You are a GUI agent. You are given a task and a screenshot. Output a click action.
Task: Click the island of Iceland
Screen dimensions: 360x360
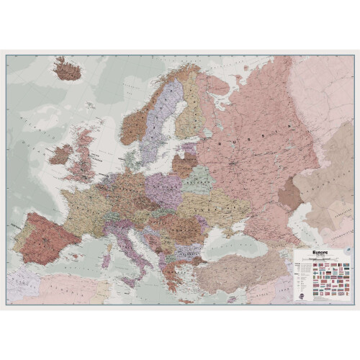pyautogui.click(x=68, y=70)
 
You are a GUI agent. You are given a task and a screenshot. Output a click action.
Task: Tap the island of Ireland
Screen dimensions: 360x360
pyautogui.click(x=60, y=154)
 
